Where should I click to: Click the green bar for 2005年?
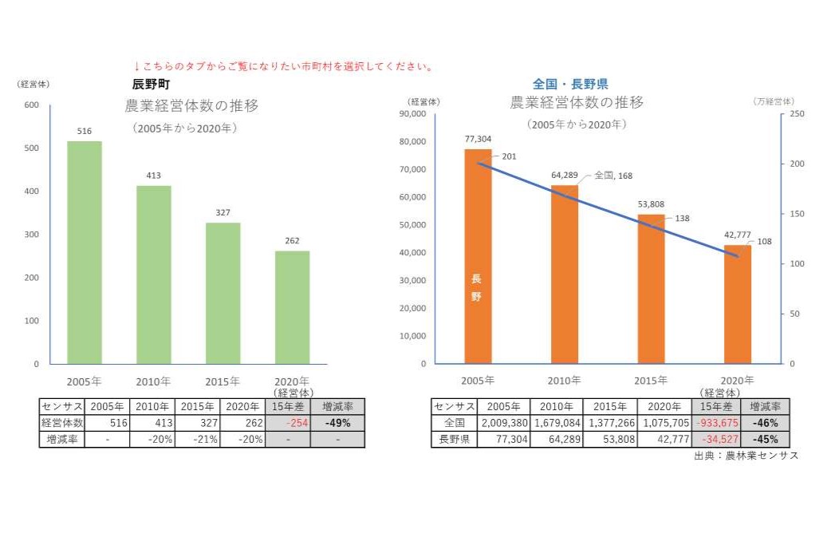84,252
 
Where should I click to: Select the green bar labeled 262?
292,307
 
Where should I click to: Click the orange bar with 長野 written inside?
478,256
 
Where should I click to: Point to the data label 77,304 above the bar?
478,139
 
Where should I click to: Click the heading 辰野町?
152,84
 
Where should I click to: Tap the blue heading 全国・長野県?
570,84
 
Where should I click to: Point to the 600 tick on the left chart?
31,105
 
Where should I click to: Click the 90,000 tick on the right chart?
411,114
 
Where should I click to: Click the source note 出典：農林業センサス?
746,455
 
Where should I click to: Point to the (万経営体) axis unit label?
773,101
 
